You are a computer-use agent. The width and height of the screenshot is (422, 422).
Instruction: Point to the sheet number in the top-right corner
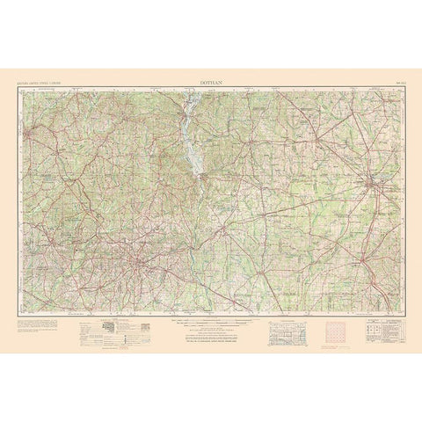391,81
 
